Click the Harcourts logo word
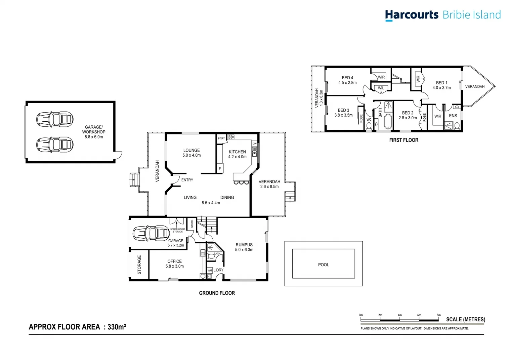tap(412, 15)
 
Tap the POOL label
tap(324, 265)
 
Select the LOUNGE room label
tap(191, 151)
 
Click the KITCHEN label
tap(237, 152)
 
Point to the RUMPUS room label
tap(244, 245)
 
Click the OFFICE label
tap(174, 261)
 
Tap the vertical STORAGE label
tap(139, 265)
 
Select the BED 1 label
tap(441, 83)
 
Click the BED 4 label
tap(347, 78)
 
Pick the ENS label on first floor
tap(453, 116)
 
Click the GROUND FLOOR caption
tap(217, 293)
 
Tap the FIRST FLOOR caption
tap(403, 140)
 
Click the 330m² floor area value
tap(117, 327)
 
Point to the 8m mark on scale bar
tap(438, 315)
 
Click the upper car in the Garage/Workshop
tap(55, 119)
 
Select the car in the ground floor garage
tap(151, 233)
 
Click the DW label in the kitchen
tap(254, 144)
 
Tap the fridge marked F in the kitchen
tap(220, 168)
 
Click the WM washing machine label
tap(210, 270)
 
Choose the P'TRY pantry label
tap(221, 138)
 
